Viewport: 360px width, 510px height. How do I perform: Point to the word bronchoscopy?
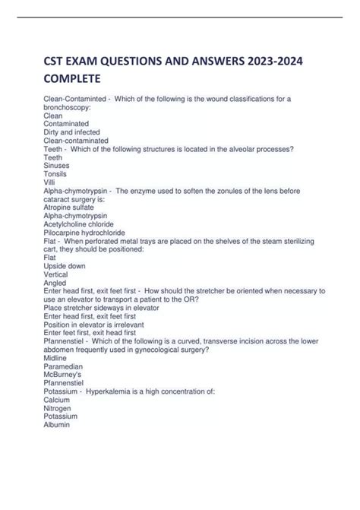[67, 108]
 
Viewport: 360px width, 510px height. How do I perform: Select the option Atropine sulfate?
[71, 207]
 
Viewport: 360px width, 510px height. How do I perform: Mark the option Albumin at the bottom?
[57, 424]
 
